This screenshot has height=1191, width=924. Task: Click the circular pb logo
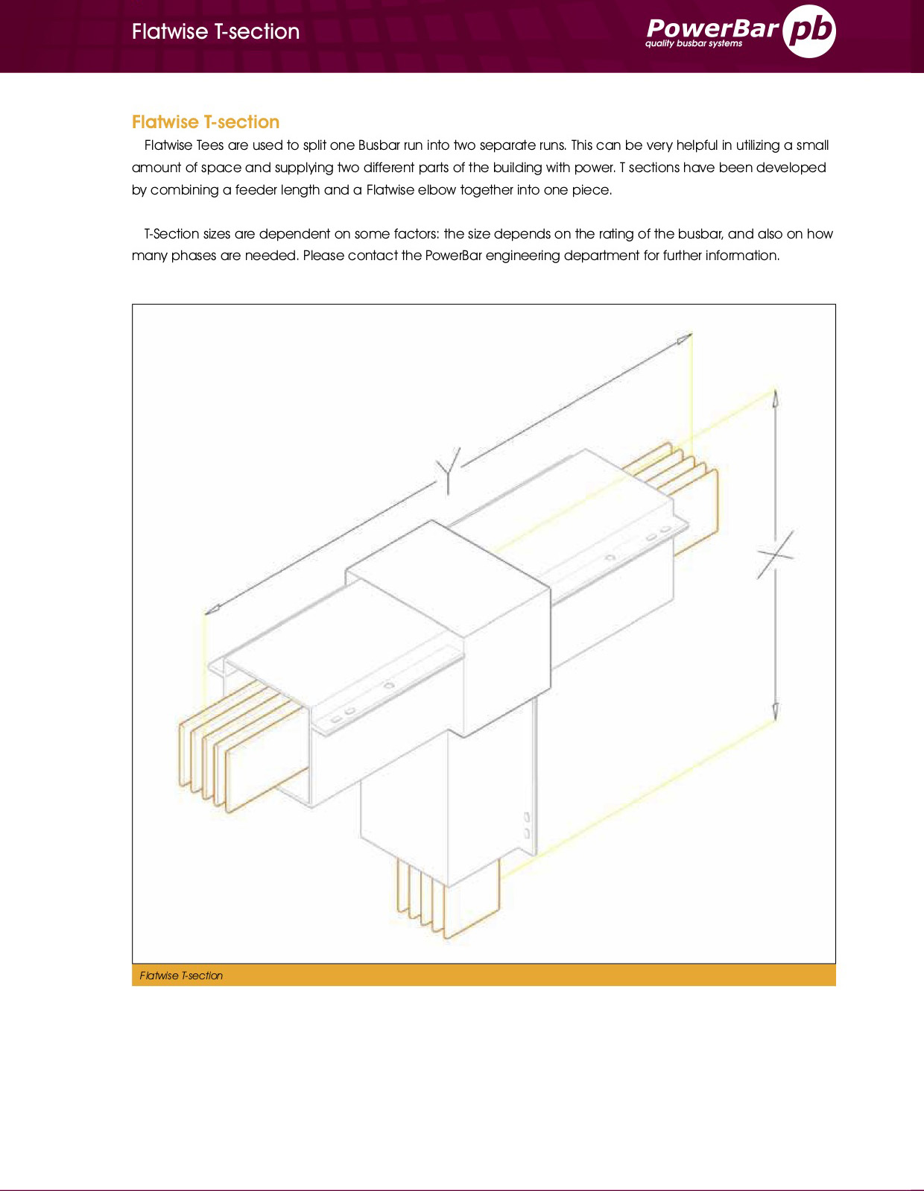[x=810, y=31]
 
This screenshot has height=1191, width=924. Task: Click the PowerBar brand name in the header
[x=712, y=28]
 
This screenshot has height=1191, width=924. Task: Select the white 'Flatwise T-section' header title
[x=215, y=31]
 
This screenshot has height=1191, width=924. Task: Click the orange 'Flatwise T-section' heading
[x=206, y=122]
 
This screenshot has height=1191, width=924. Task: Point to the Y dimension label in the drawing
[x=449, y=470]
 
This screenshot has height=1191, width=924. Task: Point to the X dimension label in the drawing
[x=775, y=554]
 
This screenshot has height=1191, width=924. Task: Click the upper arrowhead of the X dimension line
[x=775, y=398]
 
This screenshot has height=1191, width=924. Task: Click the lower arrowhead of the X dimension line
[x=775, y=711]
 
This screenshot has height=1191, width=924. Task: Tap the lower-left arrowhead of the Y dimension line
[x=212, y=609]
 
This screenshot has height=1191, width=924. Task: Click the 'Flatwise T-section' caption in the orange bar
[x=181, y=976]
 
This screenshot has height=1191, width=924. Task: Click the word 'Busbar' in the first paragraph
[x=379, y=145]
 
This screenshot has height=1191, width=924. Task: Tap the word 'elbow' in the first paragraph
[x=437, y=190]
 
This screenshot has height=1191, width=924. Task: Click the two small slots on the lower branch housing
[x=528, y=825]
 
